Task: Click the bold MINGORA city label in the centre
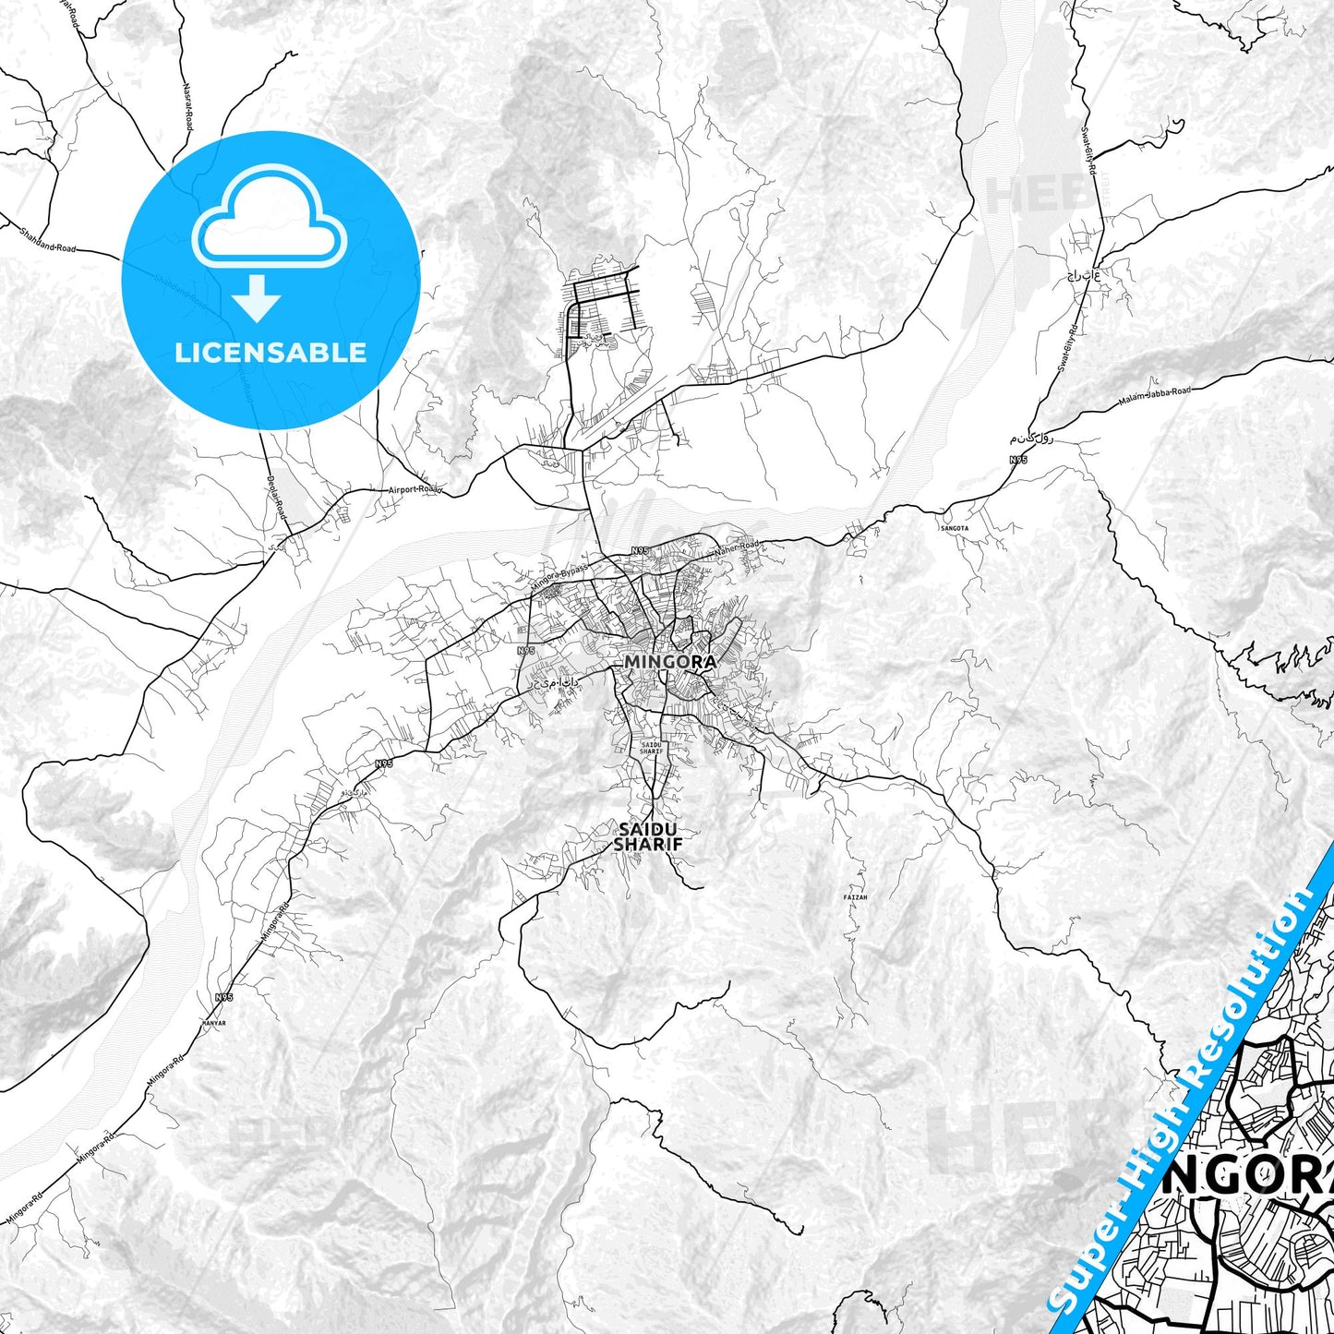[x=669, y=662]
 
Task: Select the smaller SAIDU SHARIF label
[x=651, y=748]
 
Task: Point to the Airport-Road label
[x=415, y=489]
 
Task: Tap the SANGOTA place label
[x=955, y=528]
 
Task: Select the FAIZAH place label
[x=856, y=896]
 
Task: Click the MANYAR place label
[x=213, y=1024]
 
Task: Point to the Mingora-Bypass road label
[x=559, y=579]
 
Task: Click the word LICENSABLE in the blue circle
[x=270, y=352]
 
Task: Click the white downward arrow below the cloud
[x=257, y=298]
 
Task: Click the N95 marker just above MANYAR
[x=224, y=997]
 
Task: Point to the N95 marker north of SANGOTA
[x=1018, y=459]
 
